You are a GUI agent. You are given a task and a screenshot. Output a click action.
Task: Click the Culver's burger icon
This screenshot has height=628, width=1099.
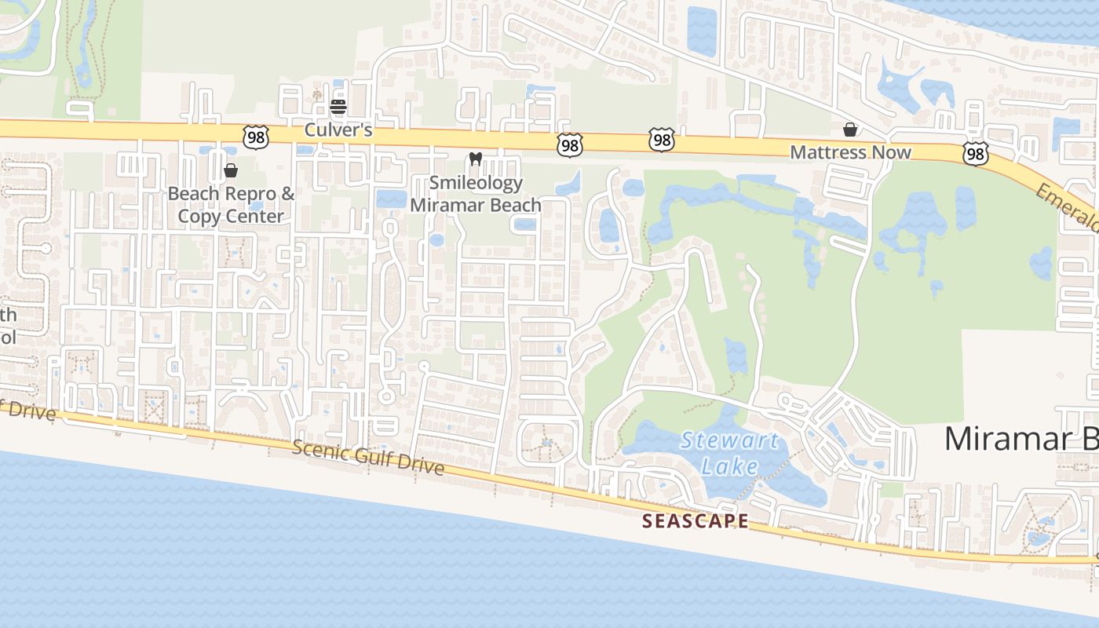coord(338,107)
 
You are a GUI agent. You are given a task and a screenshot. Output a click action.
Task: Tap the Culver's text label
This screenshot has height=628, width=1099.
coord(338,130)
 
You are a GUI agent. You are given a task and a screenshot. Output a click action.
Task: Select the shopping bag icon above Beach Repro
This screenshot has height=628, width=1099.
coord(231,170)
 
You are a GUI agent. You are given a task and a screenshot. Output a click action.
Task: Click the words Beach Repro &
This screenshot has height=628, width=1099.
coord(232,193)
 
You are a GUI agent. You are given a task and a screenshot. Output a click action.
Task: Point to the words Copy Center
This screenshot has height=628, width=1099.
coord(231,216)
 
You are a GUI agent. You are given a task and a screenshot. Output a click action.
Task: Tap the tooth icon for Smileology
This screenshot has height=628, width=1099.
coord(475,159)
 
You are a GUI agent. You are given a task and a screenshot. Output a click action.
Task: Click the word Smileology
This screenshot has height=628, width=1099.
coord(476,183)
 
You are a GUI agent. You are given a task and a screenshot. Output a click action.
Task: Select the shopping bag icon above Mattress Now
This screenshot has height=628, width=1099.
coord(850,130)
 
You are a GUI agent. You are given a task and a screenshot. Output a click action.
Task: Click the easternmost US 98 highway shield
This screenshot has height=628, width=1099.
coord(976,154)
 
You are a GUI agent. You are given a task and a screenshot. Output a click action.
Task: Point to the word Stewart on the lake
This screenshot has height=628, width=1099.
coord(730,440)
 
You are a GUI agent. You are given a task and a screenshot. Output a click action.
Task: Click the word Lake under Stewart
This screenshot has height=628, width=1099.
coord(730,467)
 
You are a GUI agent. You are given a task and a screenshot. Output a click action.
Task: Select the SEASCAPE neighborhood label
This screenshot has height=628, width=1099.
coord(696,520)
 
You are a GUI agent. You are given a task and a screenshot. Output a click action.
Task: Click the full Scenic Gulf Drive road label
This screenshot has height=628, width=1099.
coord(368,458)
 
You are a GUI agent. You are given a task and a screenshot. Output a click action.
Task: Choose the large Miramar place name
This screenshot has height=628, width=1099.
coord(1020,439)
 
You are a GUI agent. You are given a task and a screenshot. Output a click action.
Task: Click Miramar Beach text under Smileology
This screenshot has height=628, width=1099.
coord(476,205)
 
